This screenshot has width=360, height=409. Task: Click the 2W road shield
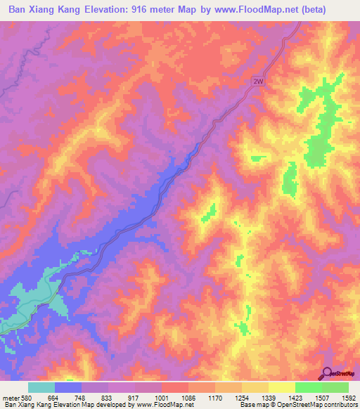(259, 82)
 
